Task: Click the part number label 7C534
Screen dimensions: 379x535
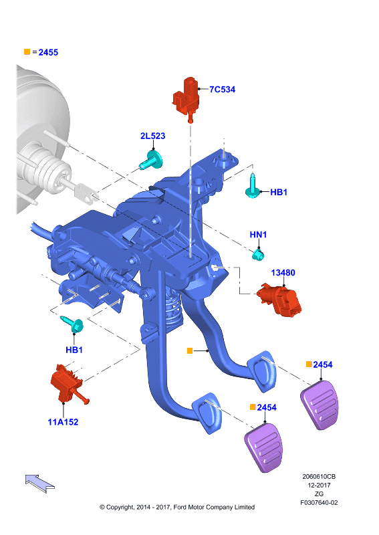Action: coord(222,90)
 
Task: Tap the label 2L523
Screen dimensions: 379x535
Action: coord(153,136)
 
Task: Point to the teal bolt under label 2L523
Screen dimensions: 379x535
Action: coord(152,160)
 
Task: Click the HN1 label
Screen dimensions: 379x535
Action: coord(258,235)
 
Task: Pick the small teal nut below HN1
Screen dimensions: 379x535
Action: coord(258,255)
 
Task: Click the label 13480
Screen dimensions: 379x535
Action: coord(283,273)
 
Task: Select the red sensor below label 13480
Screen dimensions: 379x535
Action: coord(279,300)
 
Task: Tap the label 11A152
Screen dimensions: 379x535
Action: coord(63,422)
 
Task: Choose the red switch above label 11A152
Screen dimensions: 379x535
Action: coord(68,385)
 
